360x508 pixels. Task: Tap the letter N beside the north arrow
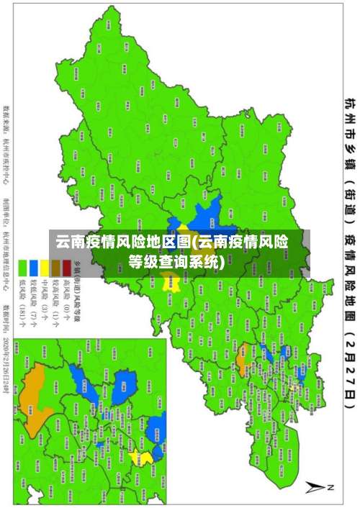331,486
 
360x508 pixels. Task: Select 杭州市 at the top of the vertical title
348,118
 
